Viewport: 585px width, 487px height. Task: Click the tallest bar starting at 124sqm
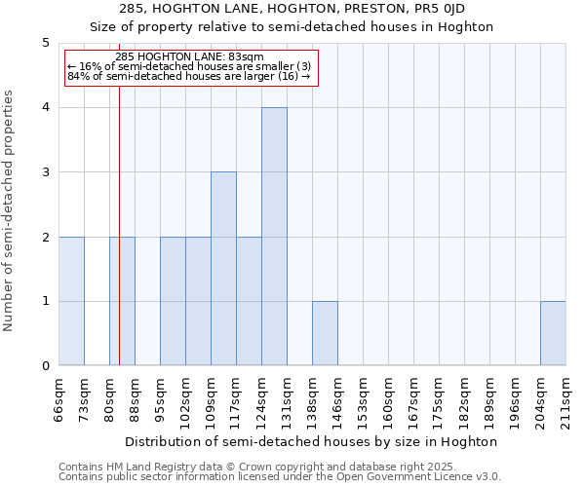tap(274, 237)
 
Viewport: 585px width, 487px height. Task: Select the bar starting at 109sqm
tap(223, 269)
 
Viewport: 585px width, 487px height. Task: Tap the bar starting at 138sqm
tap(325, 333)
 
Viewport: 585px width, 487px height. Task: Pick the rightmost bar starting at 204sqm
tap(553, 333)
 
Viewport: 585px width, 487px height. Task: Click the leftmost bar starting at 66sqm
tap(71, 301)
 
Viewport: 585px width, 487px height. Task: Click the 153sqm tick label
tap(363, 400)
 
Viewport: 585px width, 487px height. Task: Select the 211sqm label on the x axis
tap(565, 400)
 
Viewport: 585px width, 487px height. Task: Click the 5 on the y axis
tap(45, 43)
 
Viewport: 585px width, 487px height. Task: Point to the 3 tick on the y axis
tap(45, 172)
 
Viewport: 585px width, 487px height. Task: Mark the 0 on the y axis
tap(45, 366)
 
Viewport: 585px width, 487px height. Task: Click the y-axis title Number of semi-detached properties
tap(9, 210)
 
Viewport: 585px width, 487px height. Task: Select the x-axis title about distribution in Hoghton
tap(313, 441)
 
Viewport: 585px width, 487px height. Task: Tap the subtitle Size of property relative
tap(292, 27)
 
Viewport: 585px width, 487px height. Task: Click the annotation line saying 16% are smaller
tap(189, 65)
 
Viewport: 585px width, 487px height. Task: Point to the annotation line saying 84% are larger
tap(189, 75)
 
